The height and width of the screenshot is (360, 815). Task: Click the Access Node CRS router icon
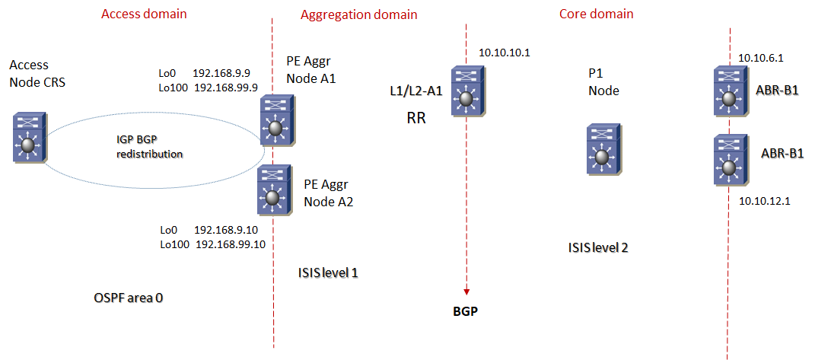[30, 137]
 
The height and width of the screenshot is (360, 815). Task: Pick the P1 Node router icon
[601, 151]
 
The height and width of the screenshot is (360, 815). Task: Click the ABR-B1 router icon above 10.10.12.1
[729, 160]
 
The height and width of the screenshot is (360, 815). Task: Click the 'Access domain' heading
[144, 14]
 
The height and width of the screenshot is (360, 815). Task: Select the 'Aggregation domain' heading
[358, 14]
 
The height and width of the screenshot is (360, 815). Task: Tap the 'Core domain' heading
[596, 14]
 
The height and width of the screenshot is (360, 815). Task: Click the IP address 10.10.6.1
[761, 57]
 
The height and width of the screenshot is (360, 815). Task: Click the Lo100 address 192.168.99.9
[228, 88]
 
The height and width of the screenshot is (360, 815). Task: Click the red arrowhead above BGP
[466, 292]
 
